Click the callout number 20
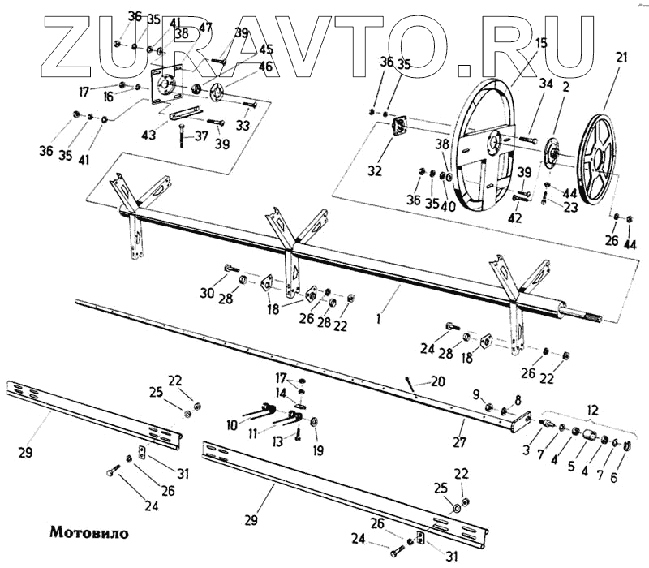pyautogui.click(x=438, y=381)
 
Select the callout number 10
pyautogui.click(x=233, y=424)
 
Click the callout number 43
pyautogui.click(x=148, y=134)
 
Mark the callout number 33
pyautogui.click(x=243, y=126)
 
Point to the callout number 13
pyautogui.click(x=278, y=441)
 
